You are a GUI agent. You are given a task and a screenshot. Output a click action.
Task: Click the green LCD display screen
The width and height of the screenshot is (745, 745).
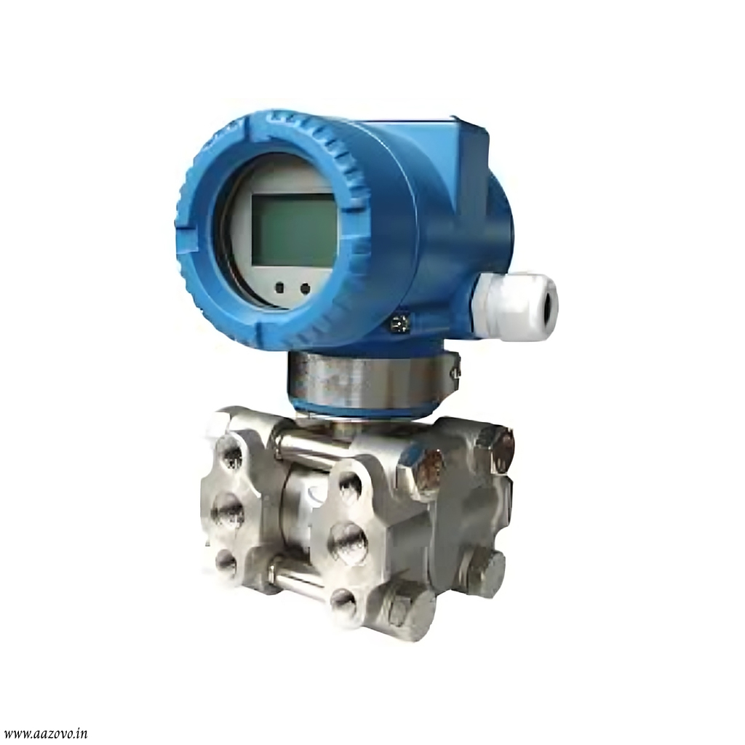coord(294,230)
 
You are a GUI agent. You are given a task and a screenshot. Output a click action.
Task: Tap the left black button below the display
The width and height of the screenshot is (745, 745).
coord(280,289)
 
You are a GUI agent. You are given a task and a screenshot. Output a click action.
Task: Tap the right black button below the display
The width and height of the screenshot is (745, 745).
coord(305,289)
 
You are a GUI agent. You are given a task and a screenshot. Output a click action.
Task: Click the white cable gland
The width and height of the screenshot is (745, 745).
coord(514,306)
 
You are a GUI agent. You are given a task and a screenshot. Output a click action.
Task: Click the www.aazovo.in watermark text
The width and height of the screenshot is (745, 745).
coord(45,733)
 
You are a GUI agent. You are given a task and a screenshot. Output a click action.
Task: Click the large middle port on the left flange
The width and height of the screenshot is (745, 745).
coord(228,512)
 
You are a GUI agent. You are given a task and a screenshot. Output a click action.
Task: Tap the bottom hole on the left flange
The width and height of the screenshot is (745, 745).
coord(226,563)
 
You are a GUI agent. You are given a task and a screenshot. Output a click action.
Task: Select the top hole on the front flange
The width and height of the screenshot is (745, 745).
coord(350,486)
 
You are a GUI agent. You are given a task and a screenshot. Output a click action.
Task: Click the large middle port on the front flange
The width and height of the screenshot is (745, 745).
coord(348,543)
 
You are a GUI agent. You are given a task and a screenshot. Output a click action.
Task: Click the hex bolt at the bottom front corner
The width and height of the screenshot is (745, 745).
coord(407,608)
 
